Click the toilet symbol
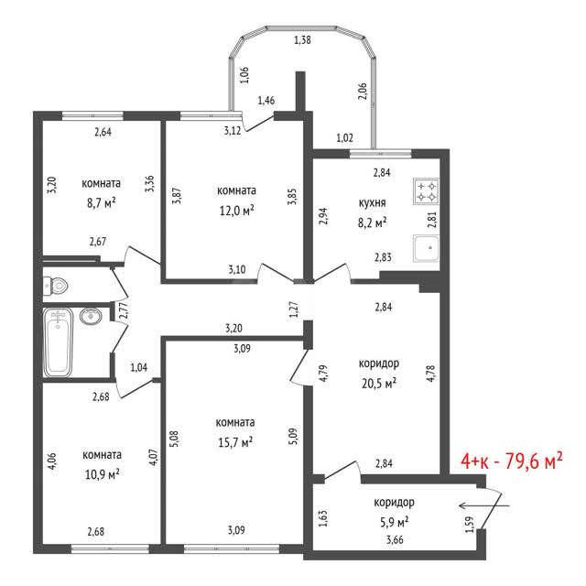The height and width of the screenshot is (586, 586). tap(55, 287)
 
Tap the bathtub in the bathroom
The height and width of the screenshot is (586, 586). tap(58, 342)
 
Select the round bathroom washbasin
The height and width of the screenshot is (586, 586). tap(91, 316)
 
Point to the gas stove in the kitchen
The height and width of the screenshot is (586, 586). tap(426, 191)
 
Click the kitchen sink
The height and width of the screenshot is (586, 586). tap(426, 248)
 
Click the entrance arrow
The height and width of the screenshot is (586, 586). tap(484, 506)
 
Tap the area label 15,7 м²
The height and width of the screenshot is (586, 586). tap(235, 442)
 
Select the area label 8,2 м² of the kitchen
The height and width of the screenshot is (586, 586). tap(373, 222)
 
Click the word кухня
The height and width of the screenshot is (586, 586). tap(373, 203)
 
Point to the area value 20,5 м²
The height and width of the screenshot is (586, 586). tap(379, 384)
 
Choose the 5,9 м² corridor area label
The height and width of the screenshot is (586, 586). tap(395, 522)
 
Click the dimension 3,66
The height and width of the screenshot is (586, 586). tap(395, 539)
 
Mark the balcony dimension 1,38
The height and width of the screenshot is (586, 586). tap(303, 39)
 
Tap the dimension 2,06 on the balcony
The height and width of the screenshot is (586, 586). tap(363, 92)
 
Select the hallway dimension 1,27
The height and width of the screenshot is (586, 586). tap(295, 309)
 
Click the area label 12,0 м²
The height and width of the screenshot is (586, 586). tap(236, 211)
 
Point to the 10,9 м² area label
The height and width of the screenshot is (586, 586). tap(102, 474)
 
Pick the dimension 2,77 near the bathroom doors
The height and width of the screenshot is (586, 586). tap(124, 310)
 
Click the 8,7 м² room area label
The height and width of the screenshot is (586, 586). tap(102, 203)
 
